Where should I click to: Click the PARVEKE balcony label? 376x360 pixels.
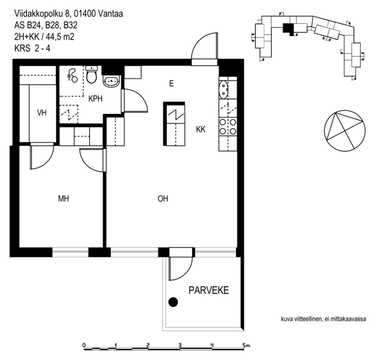click(x=208, y=290)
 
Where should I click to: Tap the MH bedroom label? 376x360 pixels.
click(x=64, y=199)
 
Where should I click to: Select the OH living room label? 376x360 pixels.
click(x=163, y=199)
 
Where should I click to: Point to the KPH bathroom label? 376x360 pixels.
click(x=96, y=99)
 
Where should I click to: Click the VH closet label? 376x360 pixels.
click(x=42, y=113)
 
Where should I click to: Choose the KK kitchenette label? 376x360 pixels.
click(x=201, y=129)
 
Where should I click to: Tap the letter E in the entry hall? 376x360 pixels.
click(x=171, y=84)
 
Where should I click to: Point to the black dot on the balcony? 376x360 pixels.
click(x=173, y=302)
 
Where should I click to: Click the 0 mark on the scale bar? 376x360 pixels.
click(x=84, y=345)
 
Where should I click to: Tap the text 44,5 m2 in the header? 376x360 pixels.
click(x=60, y=37)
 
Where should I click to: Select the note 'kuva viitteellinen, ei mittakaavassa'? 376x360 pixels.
click(x=323, y=319)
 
